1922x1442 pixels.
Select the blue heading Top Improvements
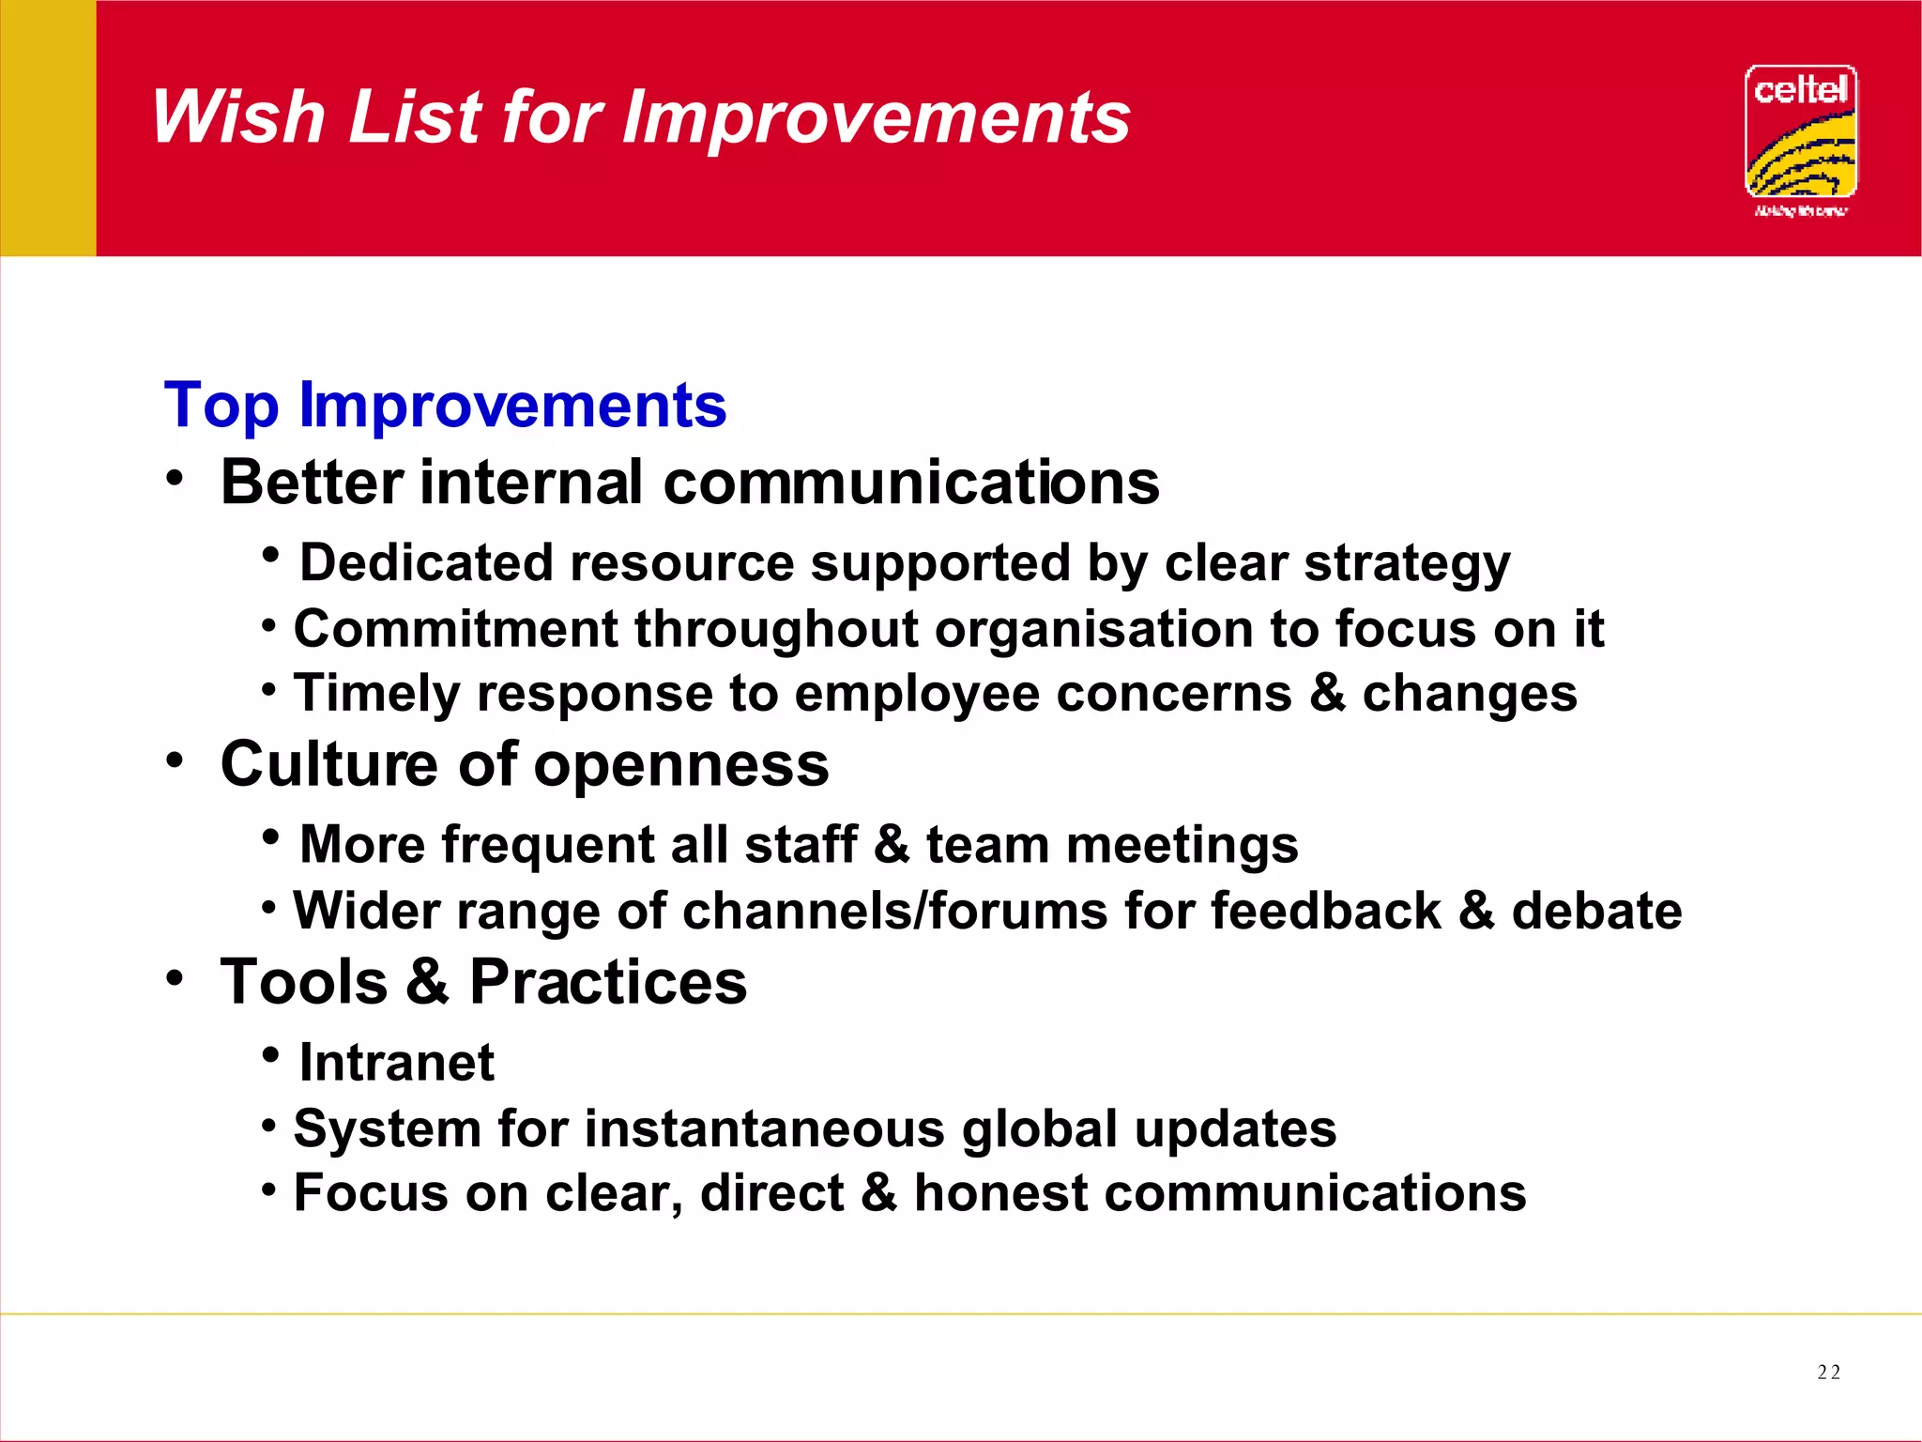pyautogui.click(x=445, y=406)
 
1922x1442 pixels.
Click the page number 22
pyautogui.click(x=1828, y=1373)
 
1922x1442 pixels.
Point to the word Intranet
pyautogui.click(x=396, y=1063)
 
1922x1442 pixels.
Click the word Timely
pyautogui.click(x=376, y=695)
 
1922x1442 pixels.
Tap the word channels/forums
pyautogui.click(x=894, y=911)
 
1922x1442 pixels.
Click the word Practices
pyautogui.click(x=607, y=982)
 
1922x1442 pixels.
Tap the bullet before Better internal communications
pyautogui.click(x=175, y=478)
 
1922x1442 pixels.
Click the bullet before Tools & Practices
pyautogui.click(x=175, y=978)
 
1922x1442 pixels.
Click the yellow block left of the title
pyautogui.click(x=48, y=128)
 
